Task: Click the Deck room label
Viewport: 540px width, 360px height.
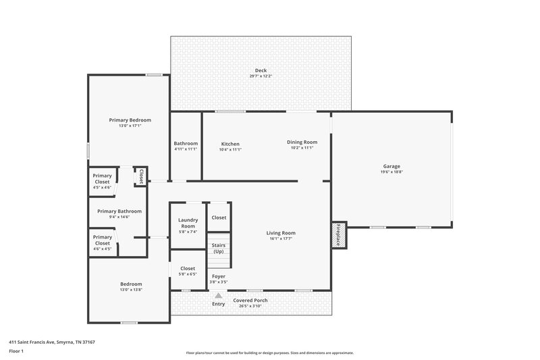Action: pos(260,70)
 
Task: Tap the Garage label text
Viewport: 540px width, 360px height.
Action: pos(391,166)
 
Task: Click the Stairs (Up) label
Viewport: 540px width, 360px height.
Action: pos(218,248)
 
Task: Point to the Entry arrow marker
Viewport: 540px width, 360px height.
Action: pos(218,295)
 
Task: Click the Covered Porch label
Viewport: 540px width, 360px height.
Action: pos(250,300)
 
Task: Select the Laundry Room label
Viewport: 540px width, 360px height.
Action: pos(188,223)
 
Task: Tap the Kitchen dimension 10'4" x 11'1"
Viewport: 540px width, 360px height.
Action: pos(230,149)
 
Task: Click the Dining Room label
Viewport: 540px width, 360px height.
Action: pos(302,142)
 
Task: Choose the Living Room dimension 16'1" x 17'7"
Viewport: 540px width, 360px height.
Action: pos(282,238)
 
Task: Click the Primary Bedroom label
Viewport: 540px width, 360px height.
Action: pos(130,120)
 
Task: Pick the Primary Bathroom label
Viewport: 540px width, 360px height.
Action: pos(119,211)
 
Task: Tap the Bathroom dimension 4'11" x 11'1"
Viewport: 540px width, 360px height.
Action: pos(186,149)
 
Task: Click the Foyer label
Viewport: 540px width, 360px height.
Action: pos(218,276)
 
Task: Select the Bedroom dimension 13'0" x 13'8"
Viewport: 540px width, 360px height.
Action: pos(131,290)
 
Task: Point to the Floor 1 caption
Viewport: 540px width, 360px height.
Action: pos(17,351)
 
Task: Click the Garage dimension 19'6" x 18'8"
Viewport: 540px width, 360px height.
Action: pos(391,172)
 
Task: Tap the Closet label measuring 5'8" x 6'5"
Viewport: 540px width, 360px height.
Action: pos(188,268)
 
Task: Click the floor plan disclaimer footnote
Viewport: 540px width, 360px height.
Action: pos(269,353)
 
